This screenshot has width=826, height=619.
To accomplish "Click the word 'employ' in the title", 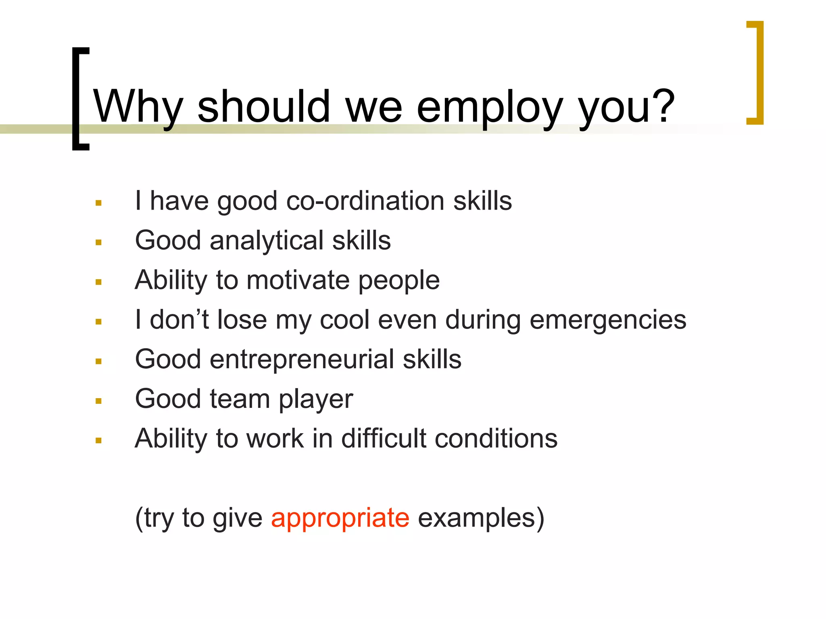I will pos(489,108).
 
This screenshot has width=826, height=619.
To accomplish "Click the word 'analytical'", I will pos(266,241).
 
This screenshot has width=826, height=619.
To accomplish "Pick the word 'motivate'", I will pos(298,280).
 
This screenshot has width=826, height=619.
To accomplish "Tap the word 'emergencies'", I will pos(607,320).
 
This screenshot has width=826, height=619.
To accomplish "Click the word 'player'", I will pos(316,399).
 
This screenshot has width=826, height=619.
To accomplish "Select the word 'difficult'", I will pos(384,438).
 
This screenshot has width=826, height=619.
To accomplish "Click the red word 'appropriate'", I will pos(340,518).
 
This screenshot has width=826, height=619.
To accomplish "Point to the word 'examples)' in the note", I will pos(481,518).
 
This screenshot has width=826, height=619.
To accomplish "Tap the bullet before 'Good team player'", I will pos(98,401).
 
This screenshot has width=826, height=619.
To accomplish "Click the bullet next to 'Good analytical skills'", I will pos(98,243).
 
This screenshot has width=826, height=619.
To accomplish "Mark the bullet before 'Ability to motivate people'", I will pos(98,282).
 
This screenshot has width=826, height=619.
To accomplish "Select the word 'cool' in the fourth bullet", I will pos(345,320).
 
